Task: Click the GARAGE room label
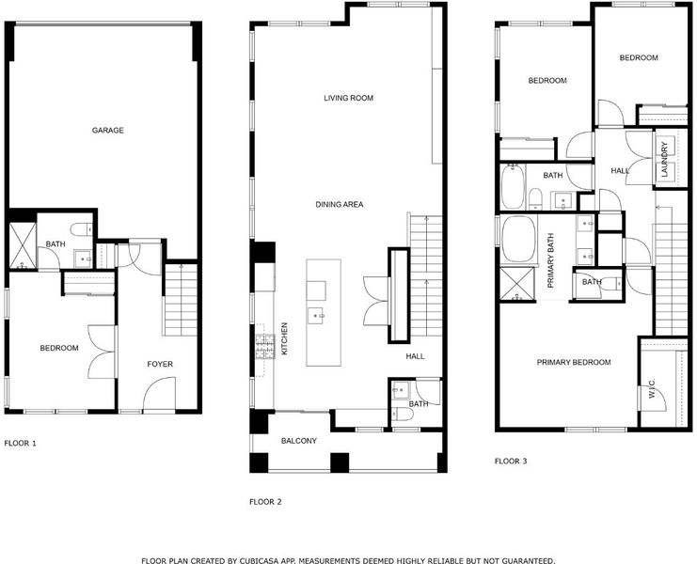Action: point(107,130)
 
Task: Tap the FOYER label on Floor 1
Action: point(160,364)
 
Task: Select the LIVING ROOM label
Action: point(348,98)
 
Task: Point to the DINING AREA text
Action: point(340,204)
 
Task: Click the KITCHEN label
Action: point(284,338)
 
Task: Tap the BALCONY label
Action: point(299,441)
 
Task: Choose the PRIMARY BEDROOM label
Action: point(574,363)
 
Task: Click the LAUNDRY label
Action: point(665,160)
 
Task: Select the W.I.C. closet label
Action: point(652,388)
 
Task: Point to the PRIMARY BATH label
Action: point(551,260)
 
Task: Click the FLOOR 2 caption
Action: point(265,502)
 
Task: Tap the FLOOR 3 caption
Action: point(511,461)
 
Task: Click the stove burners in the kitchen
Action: point(265,347)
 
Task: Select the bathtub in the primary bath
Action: point(518,240)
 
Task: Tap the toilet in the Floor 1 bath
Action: point(81,229)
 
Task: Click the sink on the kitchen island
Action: point(316,316)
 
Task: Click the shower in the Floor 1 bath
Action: point(23,246)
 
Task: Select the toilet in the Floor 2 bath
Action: point(403,414)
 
